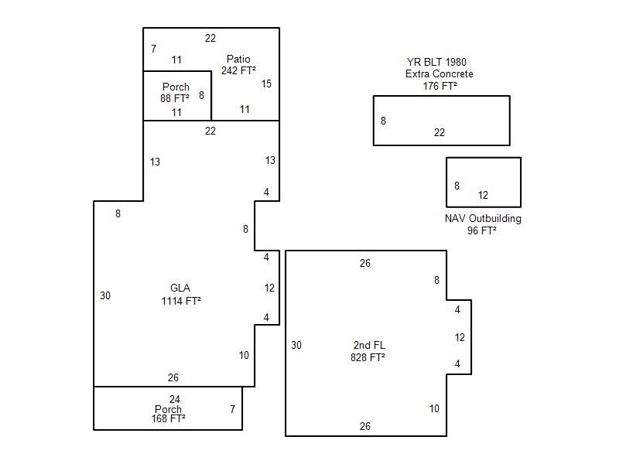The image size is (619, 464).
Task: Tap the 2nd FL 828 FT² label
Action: tap(368, 351)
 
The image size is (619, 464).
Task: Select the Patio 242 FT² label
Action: tap(238, 65)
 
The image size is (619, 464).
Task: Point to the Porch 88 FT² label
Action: tap(176, 93)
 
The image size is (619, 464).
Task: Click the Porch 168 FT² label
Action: tap(168, 414)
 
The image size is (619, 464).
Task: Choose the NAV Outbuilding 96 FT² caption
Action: tap(483, 224)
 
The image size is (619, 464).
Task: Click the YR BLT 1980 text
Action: tap(436, 62)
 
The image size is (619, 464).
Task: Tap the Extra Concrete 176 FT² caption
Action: tap(439, 80)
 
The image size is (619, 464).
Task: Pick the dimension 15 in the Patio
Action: tap(266, 84)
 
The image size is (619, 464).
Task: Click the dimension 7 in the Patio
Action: tap(154, 49)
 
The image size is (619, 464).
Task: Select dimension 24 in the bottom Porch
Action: tap(175, 399)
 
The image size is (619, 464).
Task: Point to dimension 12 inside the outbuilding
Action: tap(483, 195)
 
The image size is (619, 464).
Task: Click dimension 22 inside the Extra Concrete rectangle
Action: tap(439, 132)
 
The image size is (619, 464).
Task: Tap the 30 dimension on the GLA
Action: tap(105, 295)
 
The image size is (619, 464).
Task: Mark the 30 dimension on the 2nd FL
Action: tap(296, 345)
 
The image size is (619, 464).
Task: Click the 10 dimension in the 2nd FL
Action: tap(434, 408)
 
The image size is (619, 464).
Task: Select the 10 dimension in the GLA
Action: tap(244, 355)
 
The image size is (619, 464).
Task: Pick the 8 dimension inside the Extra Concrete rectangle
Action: tap(383, 121)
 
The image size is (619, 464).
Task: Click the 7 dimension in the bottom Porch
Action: tap(233, 408)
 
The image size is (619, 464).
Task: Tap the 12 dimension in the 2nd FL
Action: tap(460, 337)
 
